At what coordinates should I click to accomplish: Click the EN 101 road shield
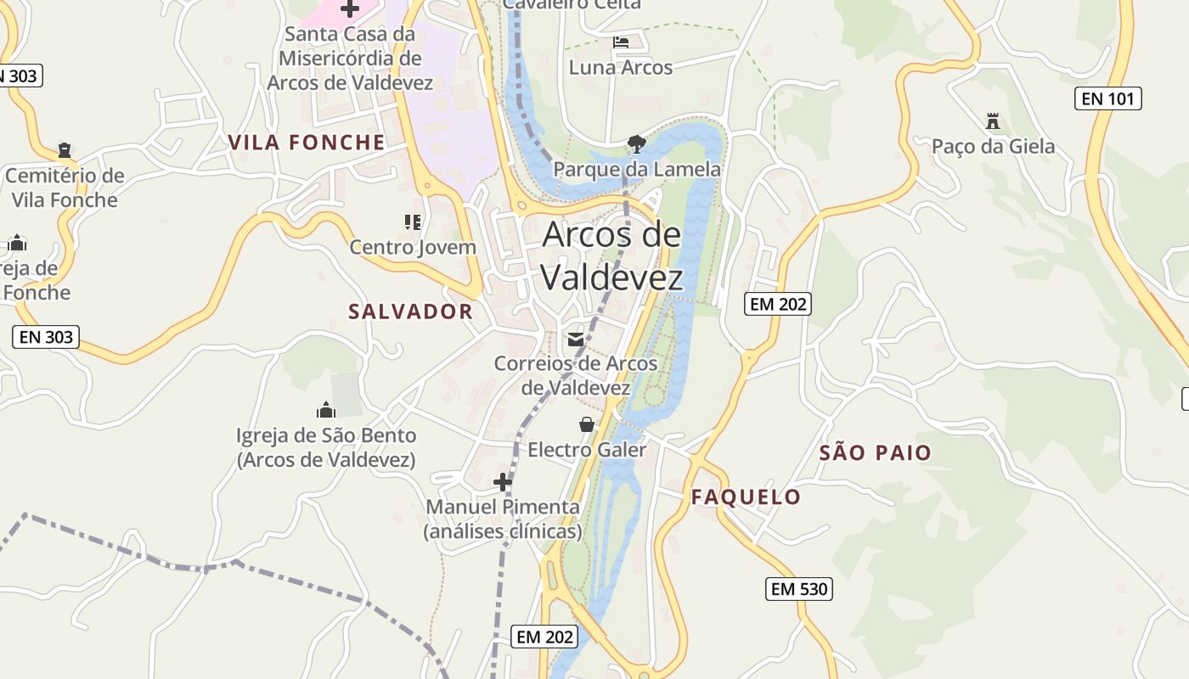coord(1108,98)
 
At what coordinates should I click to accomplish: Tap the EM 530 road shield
coord(798,588)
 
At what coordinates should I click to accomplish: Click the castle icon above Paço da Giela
coord(993,121)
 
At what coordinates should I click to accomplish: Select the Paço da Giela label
coord(993,147)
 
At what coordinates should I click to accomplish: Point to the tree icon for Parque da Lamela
coord(636,143)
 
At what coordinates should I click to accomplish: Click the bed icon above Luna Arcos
coord(621,42)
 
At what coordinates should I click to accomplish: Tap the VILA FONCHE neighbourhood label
coord(307,143)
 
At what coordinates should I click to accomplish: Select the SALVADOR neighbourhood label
coord(410,311)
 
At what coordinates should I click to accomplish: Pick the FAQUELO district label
coord(746,497)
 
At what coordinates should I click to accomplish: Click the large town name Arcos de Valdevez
coord(611,255)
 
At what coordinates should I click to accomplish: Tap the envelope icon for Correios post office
coord(576,339)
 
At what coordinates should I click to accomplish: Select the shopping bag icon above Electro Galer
coord(586,424)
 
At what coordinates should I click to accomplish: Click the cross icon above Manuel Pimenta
coord(503,482)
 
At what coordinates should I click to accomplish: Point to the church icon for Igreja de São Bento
coord(325,411)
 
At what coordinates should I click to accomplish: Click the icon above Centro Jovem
coord(413,222)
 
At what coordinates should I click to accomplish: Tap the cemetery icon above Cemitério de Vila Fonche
coord(65,150)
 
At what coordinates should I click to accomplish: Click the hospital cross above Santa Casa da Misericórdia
coord(349,9)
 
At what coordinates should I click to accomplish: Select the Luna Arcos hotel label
coord(620,68)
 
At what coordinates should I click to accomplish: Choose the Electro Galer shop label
coord(587,450)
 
